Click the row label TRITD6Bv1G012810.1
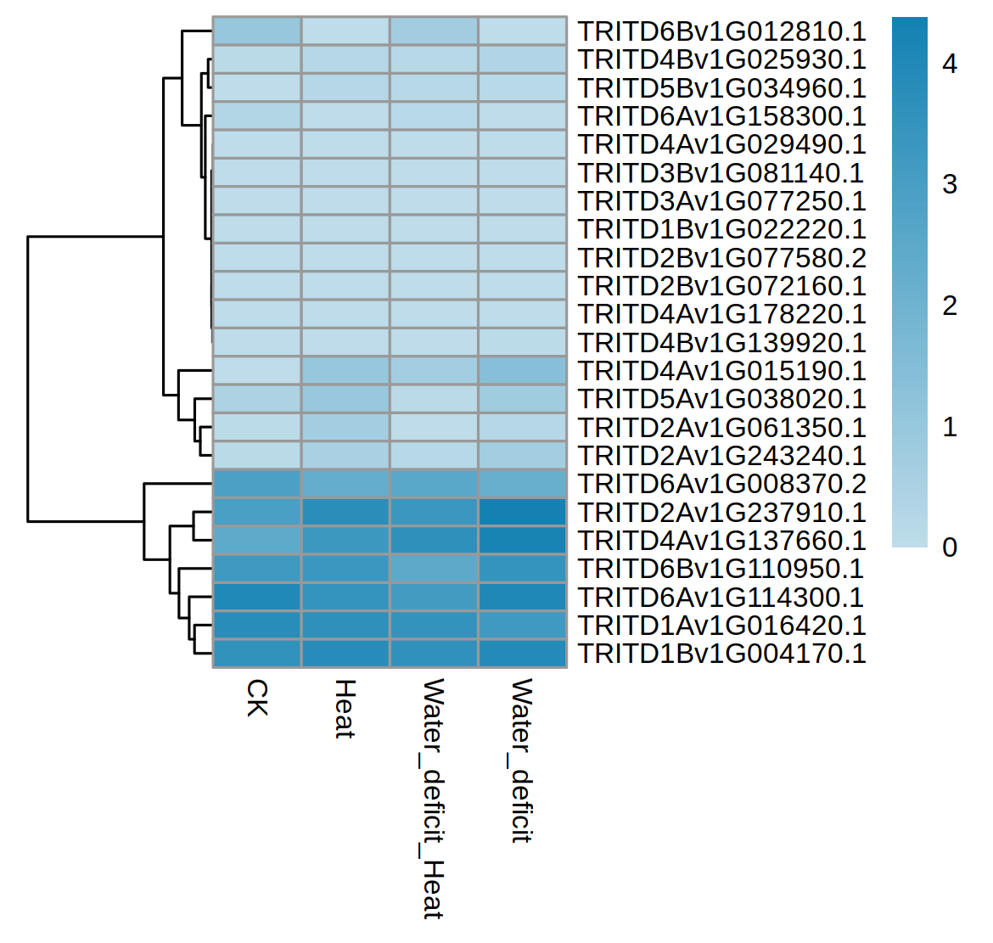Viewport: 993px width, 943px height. (721, 31)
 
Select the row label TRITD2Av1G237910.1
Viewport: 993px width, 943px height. (721, 513)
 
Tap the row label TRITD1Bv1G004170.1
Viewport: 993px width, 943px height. (721, 654)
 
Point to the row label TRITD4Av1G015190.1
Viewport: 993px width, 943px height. (721, 371)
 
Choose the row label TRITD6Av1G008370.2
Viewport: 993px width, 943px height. (721, 484)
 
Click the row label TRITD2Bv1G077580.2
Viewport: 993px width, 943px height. (721, 258)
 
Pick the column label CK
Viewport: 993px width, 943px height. (257, 697)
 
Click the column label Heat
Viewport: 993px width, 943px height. (345, 709)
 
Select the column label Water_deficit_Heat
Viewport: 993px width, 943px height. (434, 799)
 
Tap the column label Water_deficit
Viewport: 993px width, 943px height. (522, 760)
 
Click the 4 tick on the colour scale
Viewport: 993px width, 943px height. (950, 64)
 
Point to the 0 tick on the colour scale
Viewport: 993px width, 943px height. (950, 547)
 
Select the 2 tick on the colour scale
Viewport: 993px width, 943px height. (950, 306)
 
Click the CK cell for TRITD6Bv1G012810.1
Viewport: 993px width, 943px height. (257, 31)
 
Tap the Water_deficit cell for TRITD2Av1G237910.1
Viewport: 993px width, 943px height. (522, 513)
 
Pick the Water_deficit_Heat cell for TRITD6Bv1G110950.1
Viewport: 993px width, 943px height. (434, 569)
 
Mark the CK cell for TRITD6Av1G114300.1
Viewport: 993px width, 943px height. (257, 598)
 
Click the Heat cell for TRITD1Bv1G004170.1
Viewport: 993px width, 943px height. (345, 654)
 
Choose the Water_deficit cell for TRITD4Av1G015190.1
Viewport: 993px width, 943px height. (522, 371)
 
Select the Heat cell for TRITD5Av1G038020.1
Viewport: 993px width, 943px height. (345, 399)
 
